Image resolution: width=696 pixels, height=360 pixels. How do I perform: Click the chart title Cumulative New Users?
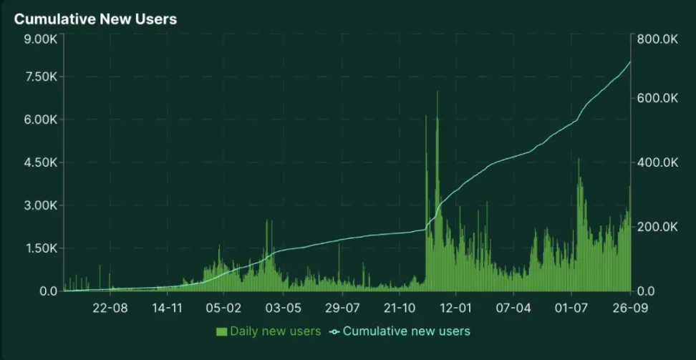pyautogui.click(x=95, y=19)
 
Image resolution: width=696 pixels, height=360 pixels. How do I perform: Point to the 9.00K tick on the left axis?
pyautogui.click(x=40, y=39)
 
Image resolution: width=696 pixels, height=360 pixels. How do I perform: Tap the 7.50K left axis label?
pyautogui.click(x=40, y=77)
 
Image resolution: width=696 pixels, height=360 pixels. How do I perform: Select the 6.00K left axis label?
pyautogui.click(x=40, y=120)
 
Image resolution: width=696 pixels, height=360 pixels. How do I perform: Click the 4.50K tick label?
pyautogui.click(x=40, y=162)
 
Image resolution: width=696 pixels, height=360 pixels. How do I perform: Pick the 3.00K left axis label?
pyautogui.click(x=40, y=205)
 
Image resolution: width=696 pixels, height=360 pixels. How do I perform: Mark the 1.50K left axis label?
pyautogui.click(x=40, y=248)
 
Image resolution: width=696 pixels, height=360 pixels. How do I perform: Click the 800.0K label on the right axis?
pyautogui.click(x=657, y=39)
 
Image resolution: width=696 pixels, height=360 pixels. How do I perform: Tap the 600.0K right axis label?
pyautogui.click(x=657, y=98)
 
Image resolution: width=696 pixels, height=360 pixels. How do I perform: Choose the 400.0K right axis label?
pyautogui.click(x=657, y=162)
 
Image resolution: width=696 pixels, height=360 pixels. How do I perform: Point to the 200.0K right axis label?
pyautogui.click(x=657, y=227)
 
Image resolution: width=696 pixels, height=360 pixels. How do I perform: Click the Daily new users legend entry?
pyautogui.click(x=269, y=331)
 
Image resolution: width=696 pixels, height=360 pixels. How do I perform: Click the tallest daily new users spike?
pyautogui.click(x=437, y=93)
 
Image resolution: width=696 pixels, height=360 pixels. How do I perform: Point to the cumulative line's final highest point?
pyautogui.click(x=630, y=62)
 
